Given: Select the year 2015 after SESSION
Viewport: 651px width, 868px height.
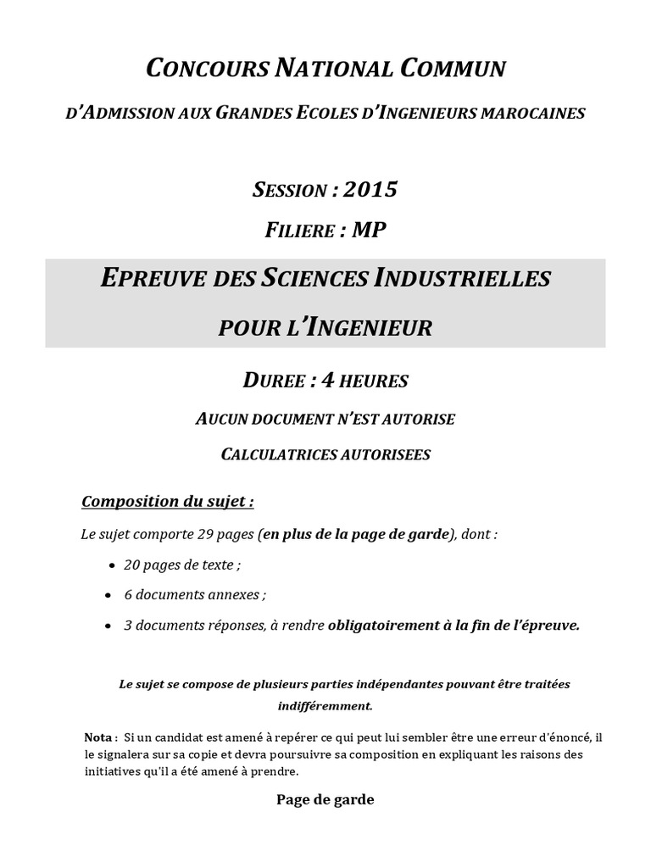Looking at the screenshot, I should [370, 189].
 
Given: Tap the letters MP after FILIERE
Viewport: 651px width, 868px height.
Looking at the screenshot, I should [370, 231].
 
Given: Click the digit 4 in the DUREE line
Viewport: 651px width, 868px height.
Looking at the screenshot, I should [324, 381].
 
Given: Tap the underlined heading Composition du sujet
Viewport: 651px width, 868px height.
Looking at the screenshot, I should [167, 502].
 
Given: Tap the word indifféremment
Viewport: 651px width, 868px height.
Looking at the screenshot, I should [325, 704].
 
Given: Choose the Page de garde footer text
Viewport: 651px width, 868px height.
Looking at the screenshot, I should [325, 799].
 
